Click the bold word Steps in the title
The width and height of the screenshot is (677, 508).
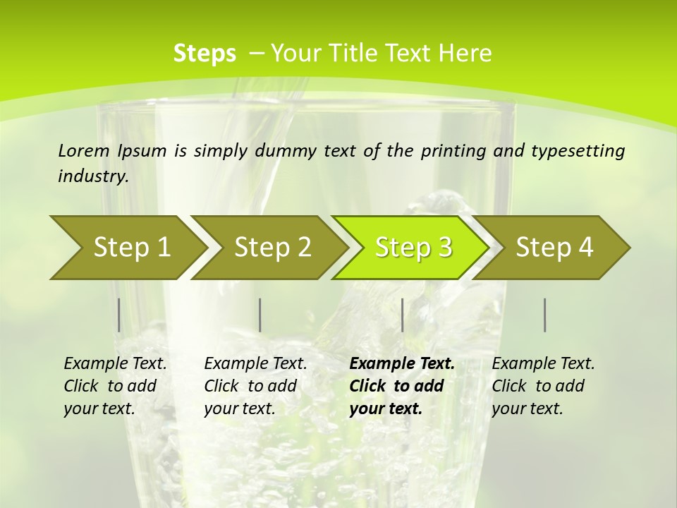tap(205, 53)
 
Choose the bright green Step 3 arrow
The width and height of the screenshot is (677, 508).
tap(413, 247)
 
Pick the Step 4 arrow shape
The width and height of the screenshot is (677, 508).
tap(554, 247)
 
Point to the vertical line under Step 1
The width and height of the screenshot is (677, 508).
tap(118, 315)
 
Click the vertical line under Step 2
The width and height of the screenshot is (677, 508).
tap(260, 315)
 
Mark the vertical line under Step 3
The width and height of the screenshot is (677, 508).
tap(402, 315)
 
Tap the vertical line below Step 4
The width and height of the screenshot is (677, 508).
tap(544, 315)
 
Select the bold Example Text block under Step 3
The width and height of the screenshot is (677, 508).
tap(401, 385)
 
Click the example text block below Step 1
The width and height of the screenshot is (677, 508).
tap(115, 385)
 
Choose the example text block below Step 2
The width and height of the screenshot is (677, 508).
tap(255, 385)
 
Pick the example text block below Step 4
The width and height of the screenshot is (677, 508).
tap(542, 385)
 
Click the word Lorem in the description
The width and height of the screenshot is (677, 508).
tap(84, 150)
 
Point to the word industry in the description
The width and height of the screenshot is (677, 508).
tap(93, 176)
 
